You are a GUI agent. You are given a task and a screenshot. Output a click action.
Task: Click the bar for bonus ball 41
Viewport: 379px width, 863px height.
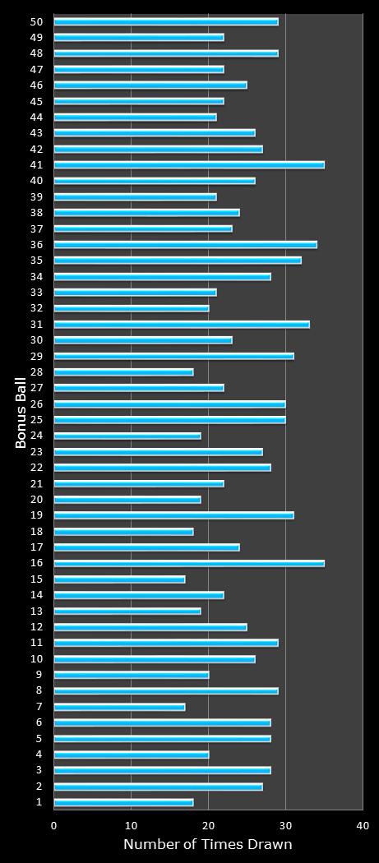(x=189, y=165)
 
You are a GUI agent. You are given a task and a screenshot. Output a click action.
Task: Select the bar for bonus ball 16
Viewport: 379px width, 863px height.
(x=189, y=564)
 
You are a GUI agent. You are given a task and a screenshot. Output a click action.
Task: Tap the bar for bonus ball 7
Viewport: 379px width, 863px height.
(x=119, y=707)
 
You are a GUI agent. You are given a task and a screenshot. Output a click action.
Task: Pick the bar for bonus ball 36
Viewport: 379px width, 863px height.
(x=185, y=245)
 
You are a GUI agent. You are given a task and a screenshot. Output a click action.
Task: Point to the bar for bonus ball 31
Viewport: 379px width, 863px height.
(x=182, y=325)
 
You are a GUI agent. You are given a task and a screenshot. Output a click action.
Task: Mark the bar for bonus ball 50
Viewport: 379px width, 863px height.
(x=166, y=21)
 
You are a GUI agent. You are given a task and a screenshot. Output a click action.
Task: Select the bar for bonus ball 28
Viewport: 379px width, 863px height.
(x=123, y=372)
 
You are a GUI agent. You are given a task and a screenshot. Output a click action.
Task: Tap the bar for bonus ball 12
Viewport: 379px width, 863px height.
(x=150, y=627)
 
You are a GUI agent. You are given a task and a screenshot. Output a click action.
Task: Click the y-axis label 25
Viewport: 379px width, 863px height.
(x=37, y=420)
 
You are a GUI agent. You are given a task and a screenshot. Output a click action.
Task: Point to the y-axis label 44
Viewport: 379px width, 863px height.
(x=37, y=118)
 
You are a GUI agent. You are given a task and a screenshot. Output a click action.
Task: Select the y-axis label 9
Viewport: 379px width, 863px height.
(x=39, y=675)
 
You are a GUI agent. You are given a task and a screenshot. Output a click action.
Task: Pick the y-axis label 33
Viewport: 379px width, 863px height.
(x=37, y=293)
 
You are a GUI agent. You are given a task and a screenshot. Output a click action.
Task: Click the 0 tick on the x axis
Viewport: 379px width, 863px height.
(x=54, y=825)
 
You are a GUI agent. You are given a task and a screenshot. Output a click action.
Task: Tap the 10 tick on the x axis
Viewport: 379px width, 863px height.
(x=132, y=825)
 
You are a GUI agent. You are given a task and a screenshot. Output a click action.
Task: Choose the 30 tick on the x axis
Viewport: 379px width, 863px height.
(x=285, y=825)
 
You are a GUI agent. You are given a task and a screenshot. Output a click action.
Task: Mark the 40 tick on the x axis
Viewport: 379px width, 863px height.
(x=363, y=825)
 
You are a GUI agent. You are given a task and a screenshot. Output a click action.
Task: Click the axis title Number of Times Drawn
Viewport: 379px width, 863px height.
(x=207, y=845)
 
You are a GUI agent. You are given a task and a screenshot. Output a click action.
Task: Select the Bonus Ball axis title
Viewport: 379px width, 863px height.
(x=21, y=413)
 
